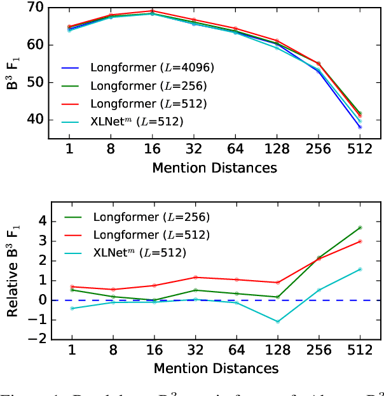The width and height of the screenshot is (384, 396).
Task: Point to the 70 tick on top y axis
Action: click(x=36, y=8)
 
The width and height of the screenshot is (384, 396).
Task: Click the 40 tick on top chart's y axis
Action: click(x=36, y=120)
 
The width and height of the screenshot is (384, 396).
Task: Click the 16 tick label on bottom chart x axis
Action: click(x=153, y=351)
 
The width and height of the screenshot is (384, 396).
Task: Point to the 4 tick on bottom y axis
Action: click(x=42, y=221)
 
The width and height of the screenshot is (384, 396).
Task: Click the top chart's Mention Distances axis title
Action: click(x=215, y=168)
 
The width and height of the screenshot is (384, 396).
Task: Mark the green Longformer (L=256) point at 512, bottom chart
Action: click(x=359, y=227)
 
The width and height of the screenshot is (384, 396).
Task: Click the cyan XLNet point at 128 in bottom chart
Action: click(x=277, y=322)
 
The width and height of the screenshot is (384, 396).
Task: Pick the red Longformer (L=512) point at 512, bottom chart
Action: click(x=359, y=241)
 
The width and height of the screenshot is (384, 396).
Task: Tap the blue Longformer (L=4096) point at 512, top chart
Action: click(x=359, y=127)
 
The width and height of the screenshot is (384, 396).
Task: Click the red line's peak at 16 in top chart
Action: click(x=153, y=11)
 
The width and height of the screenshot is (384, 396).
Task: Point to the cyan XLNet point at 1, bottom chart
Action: click(x=71, y=308)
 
